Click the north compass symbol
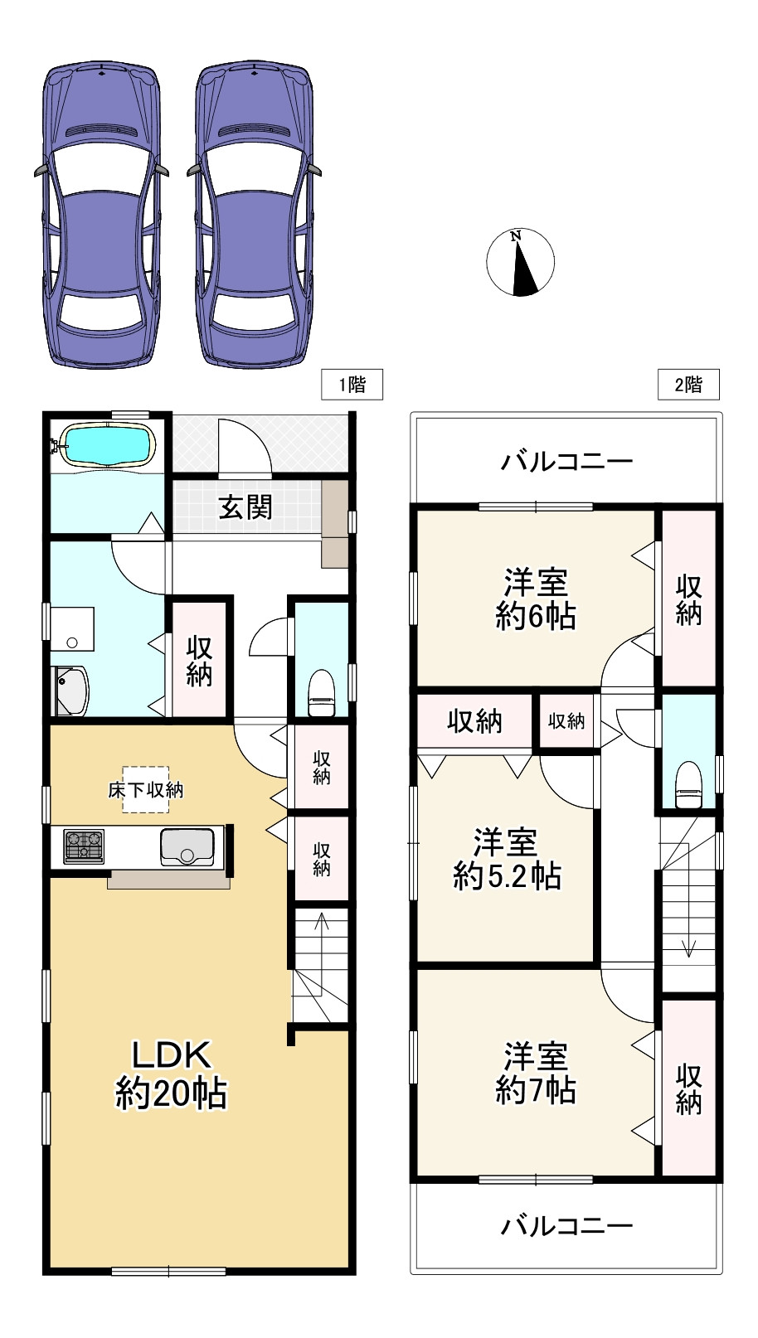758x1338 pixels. coord(520,263)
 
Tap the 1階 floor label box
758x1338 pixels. coord(352,385)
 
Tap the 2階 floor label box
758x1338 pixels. coord(688,385)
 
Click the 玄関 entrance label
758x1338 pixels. coord(245,507)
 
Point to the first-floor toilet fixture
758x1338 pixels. coord(321,692)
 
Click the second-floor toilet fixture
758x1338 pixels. coord(688,784)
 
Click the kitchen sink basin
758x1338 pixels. coord(187,846)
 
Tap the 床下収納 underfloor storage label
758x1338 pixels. coord(145,789)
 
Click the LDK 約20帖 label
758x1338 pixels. coord(172,1074)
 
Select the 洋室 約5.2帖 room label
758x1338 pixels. coord(507,859)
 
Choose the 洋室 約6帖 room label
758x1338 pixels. coord(536,599)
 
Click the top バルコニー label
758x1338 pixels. coord(566,461)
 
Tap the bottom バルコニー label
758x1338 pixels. coord(566,1224)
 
